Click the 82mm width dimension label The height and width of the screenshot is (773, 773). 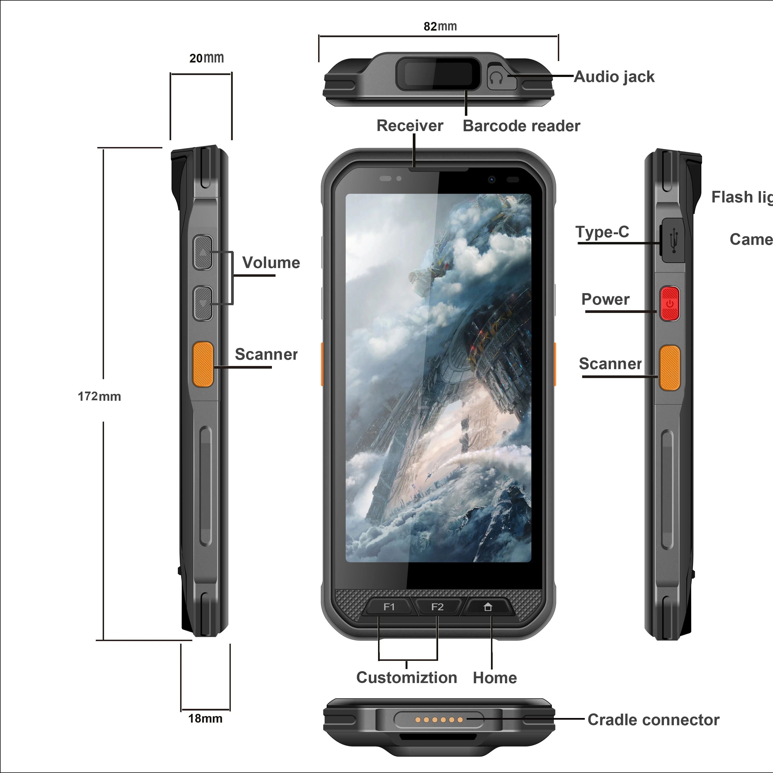point(440,26)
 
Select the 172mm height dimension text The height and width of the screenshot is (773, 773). point(99,396)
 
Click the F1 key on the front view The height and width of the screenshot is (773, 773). point(388,607)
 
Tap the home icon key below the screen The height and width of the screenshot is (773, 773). point(487,607)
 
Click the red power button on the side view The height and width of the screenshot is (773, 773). point(670,304)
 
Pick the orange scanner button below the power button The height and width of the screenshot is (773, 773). point(670,368)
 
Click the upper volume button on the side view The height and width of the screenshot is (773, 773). point(203,252)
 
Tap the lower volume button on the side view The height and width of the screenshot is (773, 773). point(203,303)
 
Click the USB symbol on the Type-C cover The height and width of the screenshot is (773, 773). point(674,241)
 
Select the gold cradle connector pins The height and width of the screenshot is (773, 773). point(439,720)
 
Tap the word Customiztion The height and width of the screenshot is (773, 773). point(407,678)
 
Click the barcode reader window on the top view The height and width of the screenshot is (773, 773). point(438,74)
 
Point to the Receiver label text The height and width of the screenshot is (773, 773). point(410,126)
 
